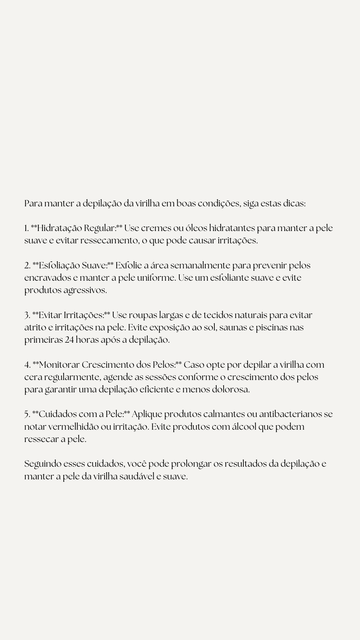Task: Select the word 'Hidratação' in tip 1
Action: point(60,228)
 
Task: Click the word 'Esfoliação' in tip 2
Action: point(59,266)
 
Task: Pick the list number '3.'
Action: point(27,315)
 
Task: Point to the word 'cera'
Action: point(33,377)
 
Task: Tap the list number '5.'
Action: point(27,414)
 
